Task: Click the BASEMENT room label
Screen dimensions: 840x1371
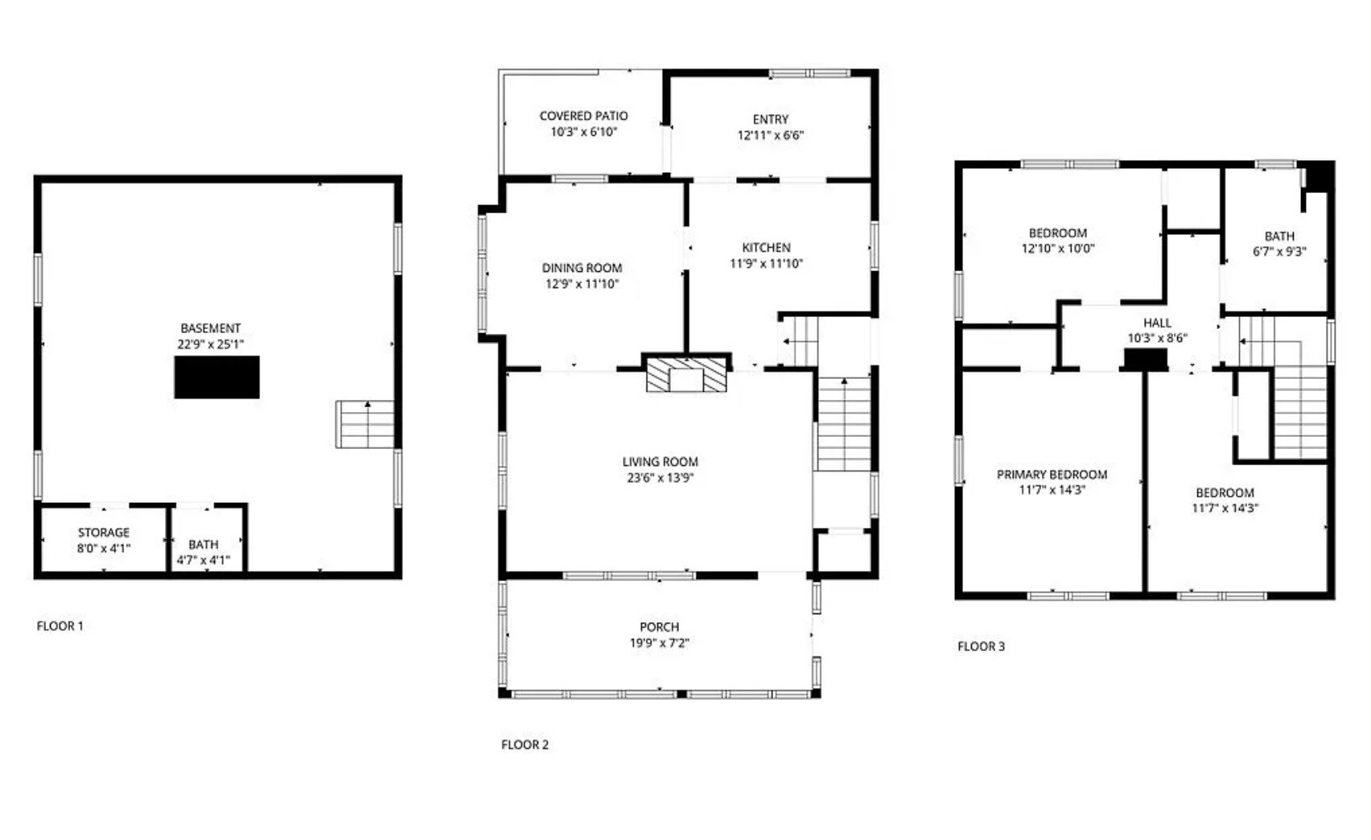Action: coord(210,328)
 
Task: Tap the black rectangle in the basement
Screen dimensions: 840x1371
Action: coord(216,377)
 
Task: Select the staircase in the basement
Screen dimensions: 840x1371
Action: coord(365,424)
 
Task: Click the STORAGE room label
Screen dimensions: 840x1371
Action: coord(103,533)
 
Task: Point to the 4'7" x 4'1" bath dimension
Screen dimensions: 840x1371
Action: coord(204,560)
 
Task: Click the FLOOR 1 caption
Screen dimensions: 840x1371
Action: coord(60,626)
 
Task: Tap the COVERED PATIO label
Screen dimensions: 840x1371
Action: coord(583,116)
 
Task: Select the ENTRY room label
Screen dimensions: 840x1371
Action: coord(770,119)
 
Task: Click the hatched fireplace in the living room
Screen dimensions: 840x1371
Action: coord(686,375)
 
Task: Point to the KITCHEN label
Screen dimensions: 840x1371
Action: coord(766,248)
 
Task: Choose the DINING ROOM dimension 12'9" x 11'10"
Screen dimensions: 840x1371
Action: coord(582,284)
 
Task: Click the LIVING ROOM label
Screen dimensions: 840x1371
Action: coord(660,462)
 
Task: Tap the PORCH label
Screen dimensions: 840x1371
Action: coord(659,627)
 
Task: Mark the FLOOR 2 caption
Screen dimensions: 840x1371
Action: coord(525,745)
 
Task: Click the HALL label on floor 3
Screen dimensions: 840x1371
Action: coord(1157,323)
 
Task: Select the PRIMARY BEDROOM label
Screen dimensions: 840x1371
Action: coord(1052,475)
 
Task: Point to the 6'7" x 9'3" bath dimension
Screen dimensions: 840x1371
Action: coord(1279,252)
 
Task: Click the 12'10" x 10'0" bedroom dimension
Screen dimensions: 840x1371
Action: coord(1057,249)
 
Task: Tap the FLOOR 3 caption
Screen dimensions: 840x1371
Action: coord(981,646)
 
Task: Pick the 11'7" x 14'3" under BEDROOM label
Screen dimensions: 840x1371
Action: coord(1225,509)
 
